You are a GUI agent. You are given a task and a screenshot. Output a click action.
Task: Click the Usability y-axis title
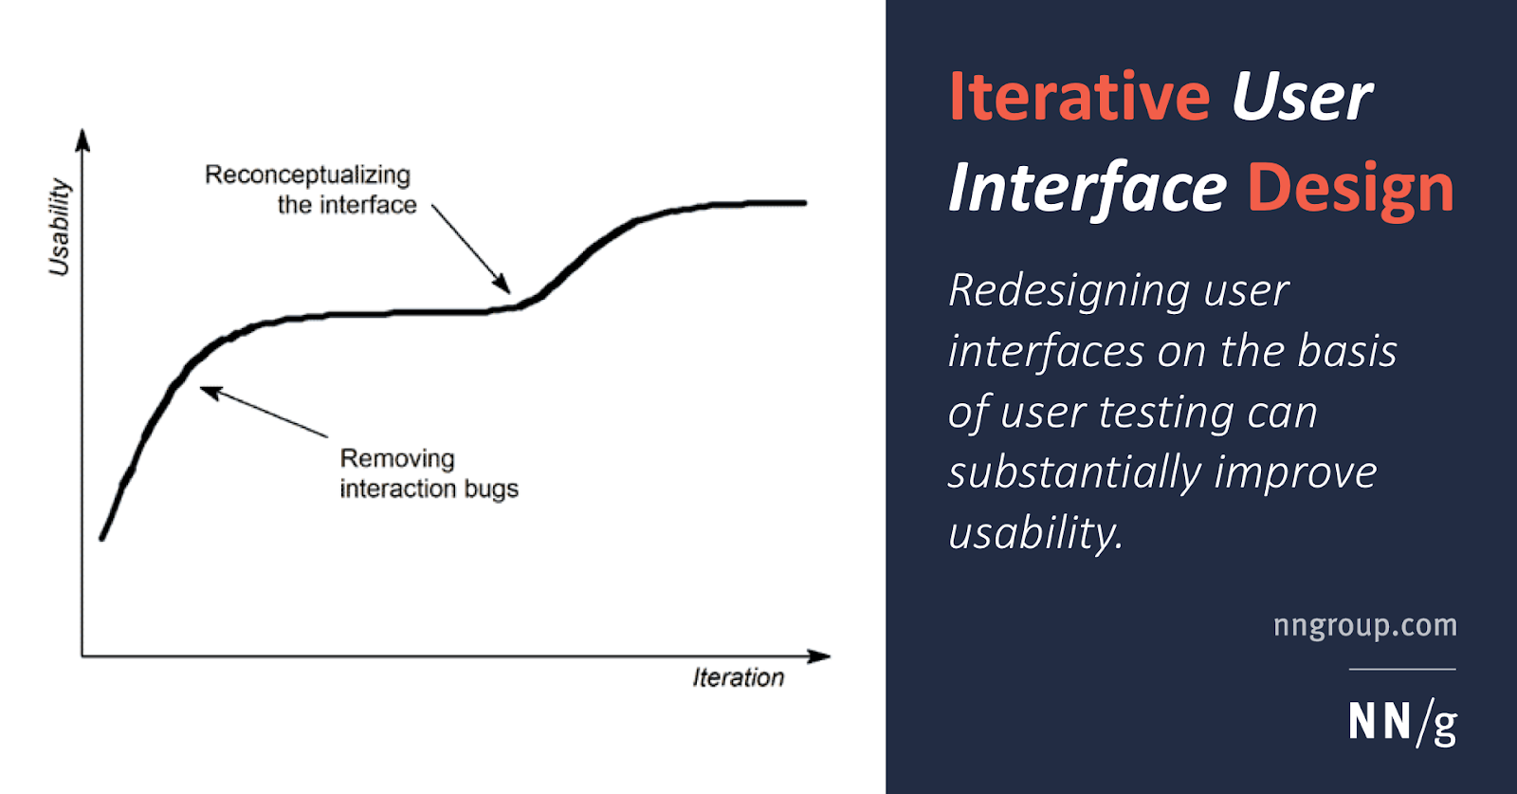[60, 227]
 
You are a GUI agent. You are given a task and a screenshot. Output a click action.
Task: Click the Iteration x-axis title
[739, 677]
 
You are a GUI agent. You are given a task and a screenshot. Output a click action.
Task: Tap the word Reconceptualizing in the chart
[307, 175]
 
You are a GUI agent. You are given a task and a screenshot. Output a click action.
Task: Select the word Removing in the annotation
[397, 458]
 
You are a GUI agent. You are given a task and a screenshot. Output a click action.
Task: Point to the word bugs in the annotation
[492, 489]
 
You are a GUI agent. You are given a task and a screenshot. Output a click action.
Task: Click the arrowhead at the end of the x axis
[819, 656]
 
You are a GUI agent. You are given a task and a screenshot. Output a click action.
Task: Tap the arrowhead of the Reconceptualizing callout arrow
[503, 285]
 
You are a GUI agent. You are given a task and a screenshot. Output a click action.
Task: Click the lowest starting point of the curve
[101, 539]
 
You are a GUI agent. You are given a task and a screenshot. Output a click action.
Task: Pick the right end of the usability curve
[805, 203]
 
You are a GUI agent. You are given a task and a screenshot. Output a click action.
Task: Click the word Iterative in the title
[1080, 96]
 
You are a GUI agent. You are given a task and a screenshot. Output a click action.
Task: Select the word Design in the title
[1351, 188]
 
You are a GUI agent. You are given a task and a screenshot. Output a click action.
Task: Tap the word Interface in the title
[1087, 189]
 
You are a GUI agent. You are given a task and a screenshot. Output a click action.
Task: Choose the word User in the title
[1302, 98]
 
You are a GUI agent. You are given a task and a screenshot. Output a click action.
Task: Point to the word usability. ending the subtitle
[1035, 532]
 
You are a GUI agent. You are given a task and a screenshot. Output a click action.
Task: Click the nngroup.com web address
[1365, 625]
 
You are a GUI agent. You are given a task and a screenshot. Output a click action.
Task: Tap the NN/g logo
[1402, 723]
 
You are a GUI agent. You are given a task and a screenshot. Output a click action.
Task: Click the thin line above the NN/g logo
[1402, 670]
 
